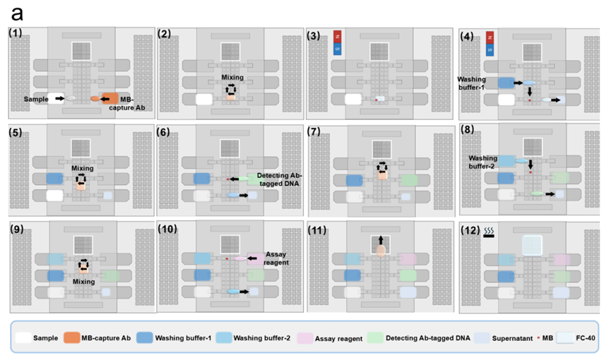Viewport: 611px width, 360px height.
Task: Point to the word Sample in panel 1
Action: click(37, 100)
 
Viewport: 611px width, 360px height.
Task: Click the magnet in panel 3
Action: click(338, 43)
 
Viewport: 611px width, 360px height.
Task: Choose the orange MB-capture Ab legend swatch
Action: click(71, 338)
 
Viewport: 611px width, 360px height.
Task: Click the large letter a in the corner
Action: click(16, 13)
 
